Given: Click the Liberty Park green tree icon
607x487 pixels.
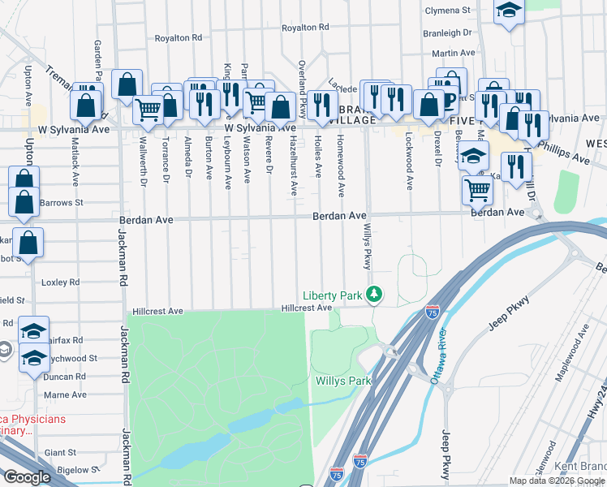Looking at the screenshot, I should click(374, 294).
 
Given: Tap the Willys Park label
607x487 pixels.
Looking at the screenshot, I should click(342, 381).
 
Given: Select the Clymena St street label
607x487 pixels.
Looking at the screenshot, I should click(448, 11).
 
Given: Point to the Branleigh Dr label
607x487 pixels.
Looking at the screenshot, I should click(447, 33).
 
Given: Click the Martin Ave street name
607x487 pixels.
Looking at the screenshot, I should click(447, 53).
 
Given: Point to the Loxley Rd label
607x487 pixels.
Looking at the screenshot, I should click(61, 282).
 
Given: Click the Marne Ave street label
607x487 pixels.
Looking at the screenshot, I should click(66, 394).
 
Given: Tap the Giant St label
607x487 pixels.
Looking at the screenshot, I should click(60, 452).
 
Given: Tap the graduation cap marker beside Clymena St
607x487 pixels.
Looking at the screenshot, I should click(509, 11).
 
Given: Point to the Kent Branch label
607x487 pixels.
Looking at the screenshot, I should click(579, 467).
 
